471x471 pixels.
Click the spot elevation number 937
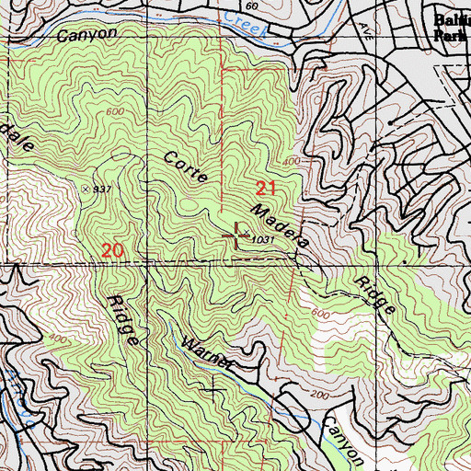click(102, 190)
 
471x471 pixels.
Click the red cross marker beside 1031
click(235, 236)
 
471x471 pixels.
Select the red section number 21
click(266, 189)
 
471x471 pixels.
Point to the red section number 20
click(113, 250)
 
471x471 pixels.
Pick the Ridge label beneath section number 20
click(124, 320)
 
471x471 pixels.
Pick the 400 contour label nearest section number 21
click(293, 162)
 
